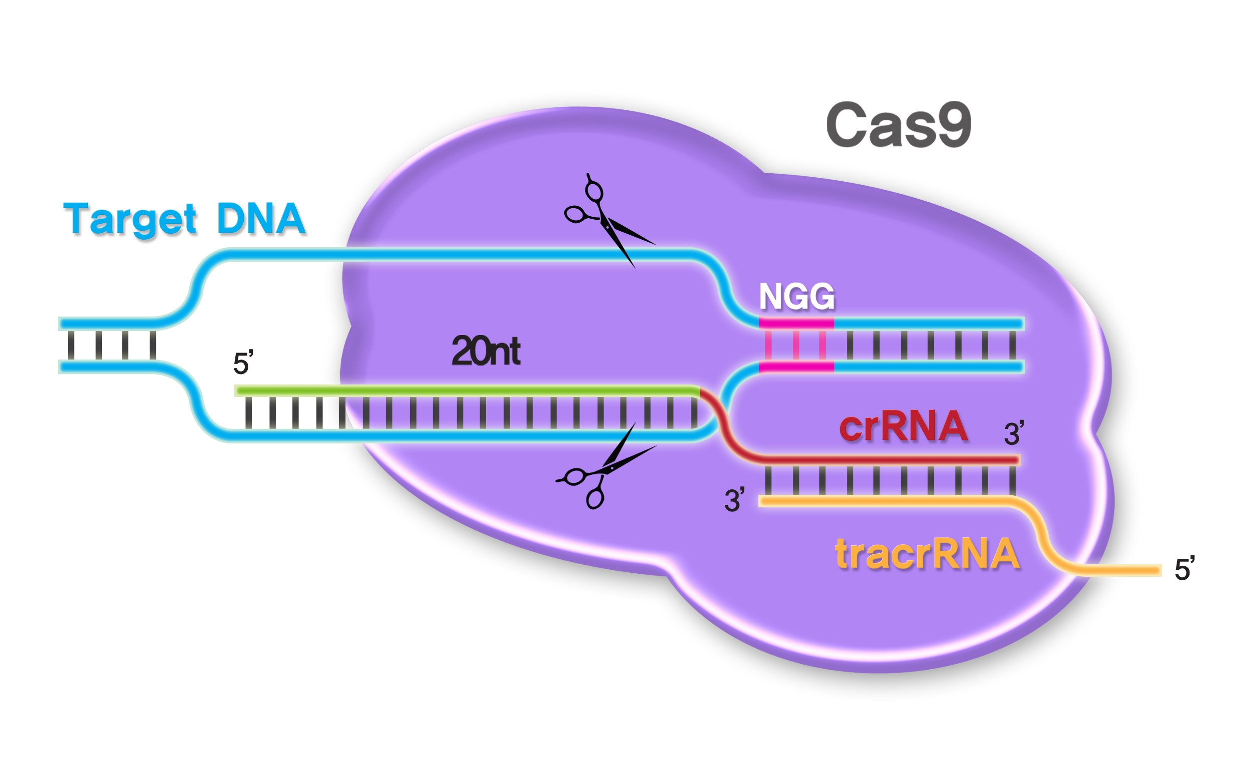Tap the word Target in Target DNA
129,220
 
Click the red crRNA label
903,426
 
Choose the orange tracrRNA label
927,554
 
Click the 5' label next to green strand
243,363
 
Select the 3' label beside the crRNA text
1013,433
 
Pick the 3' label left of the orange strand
734,500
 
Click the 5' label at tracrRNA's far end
1185,569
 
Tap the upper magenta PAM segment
796,323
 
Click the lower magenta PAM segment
796,367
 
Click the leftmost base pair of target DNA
71,345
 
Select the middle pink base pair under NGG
796,345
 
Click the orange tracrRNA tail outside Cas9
1134,570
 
